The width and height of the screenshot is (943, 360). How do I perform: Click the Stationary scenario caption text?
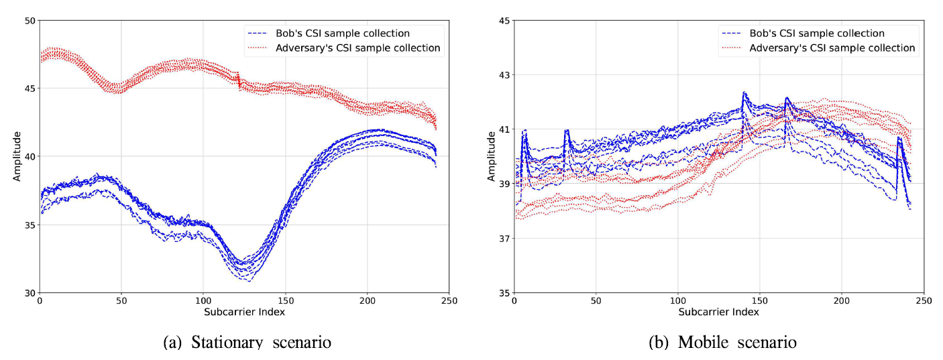coord(247,343)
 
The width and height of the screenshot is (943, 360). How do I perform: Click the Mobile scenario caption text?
coord(723,343)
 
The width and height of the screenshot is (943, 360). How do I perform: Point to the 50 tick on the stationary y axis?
coord(29,21)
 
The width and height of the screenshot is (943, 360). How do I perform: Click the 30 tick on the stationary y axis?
coord(29,293)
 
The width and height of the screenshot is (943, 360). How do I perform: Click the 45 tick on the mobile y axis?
coord(502,21)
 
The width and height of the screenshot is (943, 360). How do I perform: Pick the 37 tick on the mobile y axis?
coord(502,239)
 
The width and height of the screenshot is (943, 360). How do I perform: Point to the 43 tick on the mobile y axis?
coord(502,75)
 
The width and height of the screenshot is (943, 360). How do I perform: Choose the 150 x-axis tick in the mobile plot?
coord(760,302)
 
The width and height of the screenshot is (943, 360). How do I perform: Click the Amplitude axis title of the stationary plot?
coord(17,157)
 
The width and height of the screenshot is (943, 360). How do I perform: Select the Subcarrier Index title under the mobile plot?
coord(718,312)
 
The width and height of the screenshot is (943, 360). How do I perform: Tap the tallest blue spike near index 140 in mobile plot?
coord(744,93)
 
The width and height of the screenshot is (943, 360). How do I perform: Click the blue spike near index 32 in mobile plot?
coord(567,131)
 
